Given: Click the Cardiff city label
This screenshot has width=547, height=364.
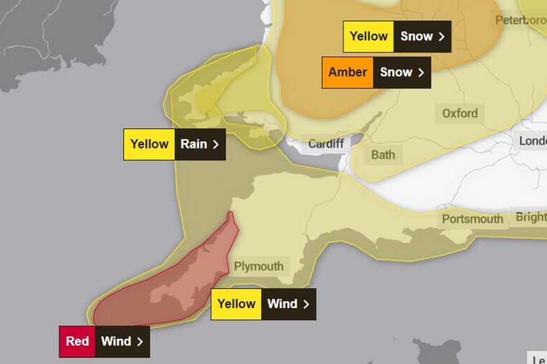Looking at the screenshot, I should (326, 144).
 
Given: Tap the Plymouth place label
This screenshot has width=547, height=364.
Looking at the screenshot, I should (259, 266).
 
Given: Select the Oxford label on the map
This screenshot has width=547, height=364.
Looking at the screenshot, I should (460, 113).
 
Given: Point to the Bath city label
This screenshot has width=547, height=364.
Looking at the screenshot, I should (383, 155).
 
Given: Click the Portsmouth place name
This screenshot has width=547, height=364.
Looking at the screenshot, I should (473, 219).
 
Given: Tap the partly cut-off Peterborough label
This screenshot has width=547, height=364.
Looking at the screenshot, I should (520, 20).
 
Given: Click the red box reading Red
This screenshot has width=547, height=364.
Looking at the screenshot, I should (77, 341).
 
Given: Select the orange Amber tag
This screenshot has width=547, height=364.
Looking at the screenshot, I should (348, 72).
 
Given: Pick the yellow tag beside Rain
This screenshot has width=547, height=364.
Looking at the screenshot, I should (149, 144).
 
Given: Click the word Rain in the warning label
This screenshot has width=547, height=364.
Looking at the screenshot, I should (193, 144).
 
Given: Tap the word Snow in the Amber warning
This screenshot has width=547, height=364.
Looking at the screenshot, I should (396, 72).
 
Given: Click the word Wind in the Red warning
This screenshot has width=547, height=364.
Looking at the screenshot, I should (116, 341).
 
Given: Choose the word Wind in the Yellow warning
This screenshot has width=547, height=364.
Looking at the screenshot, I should (282, 303).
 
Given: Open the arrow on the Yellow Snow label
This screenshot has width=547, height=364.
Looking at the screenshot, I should (442, 36).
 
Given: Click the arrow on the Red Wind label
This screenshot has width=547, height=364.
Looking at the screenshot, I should (140, 342).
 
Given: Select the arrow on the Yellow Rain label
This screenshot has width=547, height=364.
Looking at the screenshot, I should (216, 144).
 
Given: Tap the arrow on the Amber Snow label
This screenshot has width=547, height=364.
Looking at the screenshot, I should (421, 72).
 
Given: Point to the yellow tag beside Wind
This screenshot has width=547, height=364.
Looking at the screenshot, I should (236, 303).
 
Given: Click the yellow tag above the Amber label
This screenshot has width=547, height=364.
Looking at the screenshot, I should (369, 36).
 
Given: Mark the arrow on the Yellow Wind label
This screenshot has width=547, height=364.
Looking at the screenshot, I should (306, 304).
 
